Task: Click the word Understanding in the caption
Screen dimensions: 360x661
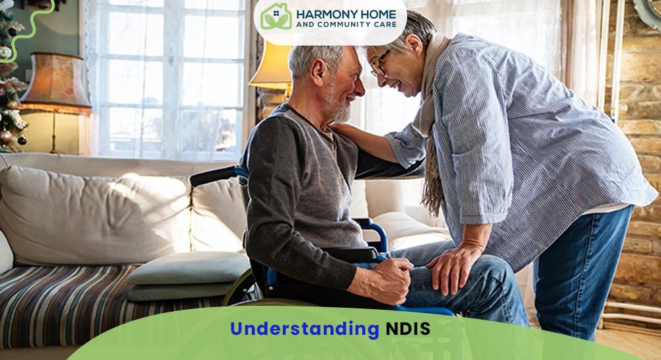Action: [304, 329]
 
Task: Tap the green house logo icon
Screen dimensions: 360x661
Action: [276, 17]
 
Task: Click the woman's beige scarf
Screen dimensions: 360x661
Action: [430, 132]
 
